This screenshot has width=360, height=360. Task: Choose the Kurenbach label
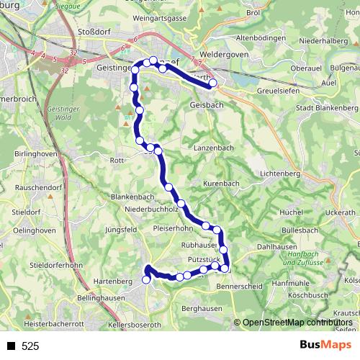point(221,184)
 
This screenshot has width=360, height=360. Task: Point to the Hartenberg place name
point(114,280)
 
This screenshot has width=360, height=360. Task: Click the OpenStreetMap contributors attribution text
point(297,323)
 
